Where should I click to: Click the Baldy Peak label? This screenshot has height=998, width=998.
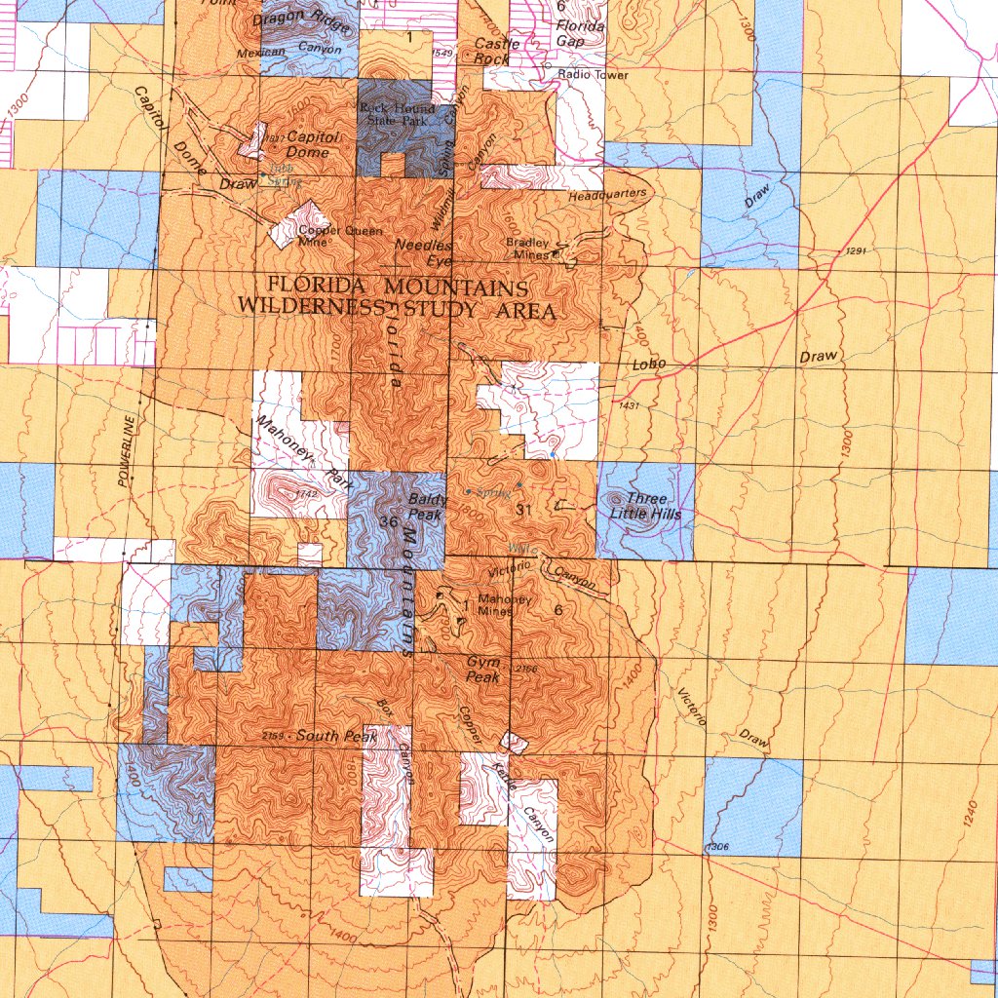tap(426, 507)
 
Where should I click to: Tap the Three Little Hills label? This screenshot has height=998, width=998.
tap(645, 507)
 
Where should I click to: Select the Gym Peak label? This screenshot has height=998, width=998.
tap(483, 669)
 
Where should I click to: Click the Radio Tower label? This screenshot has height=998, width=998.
tap(594, 74)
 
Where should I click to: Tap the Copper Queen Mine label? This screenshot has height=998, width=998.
tap(326, 236)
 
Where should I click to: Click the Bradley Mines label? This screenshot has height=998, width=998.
tap(527, 249)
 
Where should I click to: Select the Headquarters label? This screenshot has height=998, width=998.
tap(607, 195)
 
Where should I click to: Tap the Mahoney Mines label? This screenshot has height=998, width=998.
tap(503, 605)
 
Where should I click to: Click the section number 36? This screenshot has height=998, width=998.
tap(387, 521)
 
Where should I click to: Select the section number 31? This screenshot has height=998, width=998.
tap(522, 509)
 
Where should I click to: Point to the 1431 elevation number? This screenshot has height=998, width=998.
tap(627, 404)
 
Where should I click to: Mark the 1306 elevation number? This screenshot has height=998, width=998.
tap(716, 847)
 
